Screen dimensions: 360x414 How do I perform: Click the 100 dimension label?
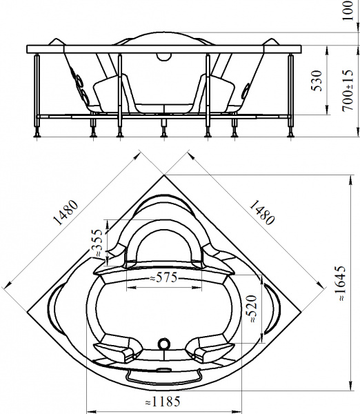click(x=348, y=10)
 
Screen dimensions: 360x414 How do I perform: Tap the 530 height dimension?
click(x=317, y=81)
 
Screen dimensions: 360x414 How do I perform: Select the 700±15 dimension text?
click(x=348, y=90)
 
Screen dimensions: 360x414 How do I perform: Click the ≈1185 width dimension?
click(x=163, y=402)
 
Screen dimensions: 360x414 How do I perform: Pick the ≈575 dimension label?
click(x=163, y=277)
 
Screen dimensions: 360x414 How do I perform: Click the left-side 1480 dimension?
click(x=66, y=213)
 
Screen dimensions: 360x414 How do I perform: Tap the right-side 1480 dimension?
click(x=262, y=213)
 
